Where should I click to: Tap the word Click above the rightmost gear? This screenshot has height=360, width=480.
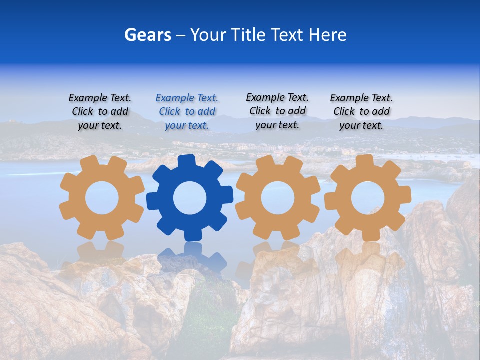tap(344, 111)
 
